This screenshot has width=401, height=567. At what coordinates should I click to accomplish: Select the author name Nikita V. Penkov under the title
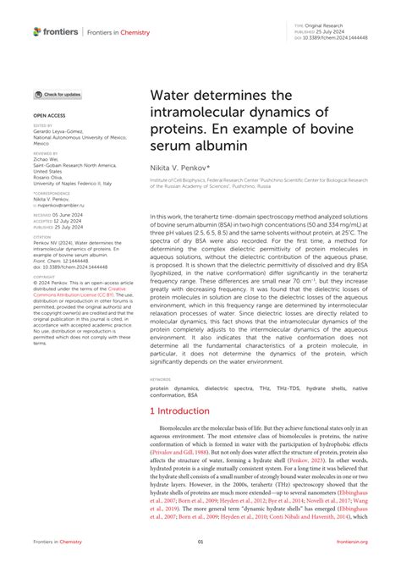coord(179,168)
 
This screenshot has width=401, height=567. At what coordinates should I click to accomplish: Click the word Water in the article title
coord(174,99)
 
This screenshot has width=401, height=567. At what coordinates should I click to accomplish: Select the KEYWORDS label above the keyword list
coord(161,379)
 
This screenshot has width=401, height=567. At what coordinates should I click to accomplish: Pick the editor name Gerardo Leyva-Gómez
coord(62,130)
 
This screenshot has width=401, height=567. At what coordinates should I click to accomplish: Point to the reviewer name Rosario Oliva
coord(51,176)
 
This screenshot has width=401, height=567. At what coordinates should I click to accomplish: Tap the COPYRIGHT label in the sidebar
coord(45,276)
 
